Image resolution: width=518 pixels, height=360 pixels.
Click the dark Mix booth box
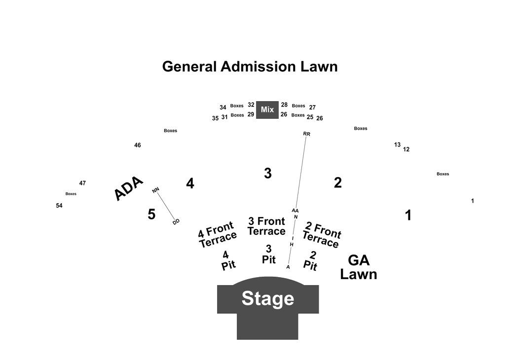(267, 109)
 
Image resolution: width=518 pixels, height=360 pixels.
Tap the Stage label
(267, 298)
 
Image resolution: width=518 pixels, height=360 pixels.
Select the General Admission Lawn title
(250, 67)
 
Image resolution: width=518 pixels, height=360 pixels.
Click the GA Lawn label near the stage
(359, 267)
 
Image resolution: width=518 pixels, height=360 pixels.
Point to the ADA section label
(128, 188)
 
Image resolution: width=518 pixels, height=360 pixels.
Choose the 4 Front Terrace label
(218, 234)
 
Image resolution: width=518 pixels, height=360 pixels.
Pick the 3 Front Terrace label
(266, 226)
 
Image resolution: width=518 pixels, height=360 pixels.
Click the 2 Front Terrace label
(322, 235)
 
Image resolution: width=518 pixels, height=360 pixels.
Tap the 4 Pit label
(228, 260)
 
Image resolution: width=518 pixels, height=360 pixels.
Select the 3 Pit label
(268, 254)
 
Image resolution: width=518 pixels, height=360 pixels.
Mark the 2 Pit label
(310, 260)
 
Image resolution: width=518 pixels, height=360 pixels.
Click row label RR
(306, 134)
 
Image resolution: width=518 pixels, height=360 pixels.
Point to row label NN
(155, 190)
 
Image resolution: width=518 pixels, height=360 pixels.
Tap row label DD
(176, 222)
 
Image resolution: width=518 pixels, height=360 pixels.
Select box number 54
(59, 206)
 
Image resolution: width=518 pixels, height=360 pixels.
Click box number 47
(82, 183)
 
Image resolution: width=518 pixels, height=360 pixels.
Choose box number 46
(138, 145)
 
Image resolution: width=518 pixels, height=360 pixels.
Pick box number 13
(398, 144)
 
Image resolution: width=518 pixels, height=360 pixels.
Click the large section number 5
(151, 215)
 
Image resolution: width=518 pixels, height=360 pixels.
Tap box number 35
(215, 118)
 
